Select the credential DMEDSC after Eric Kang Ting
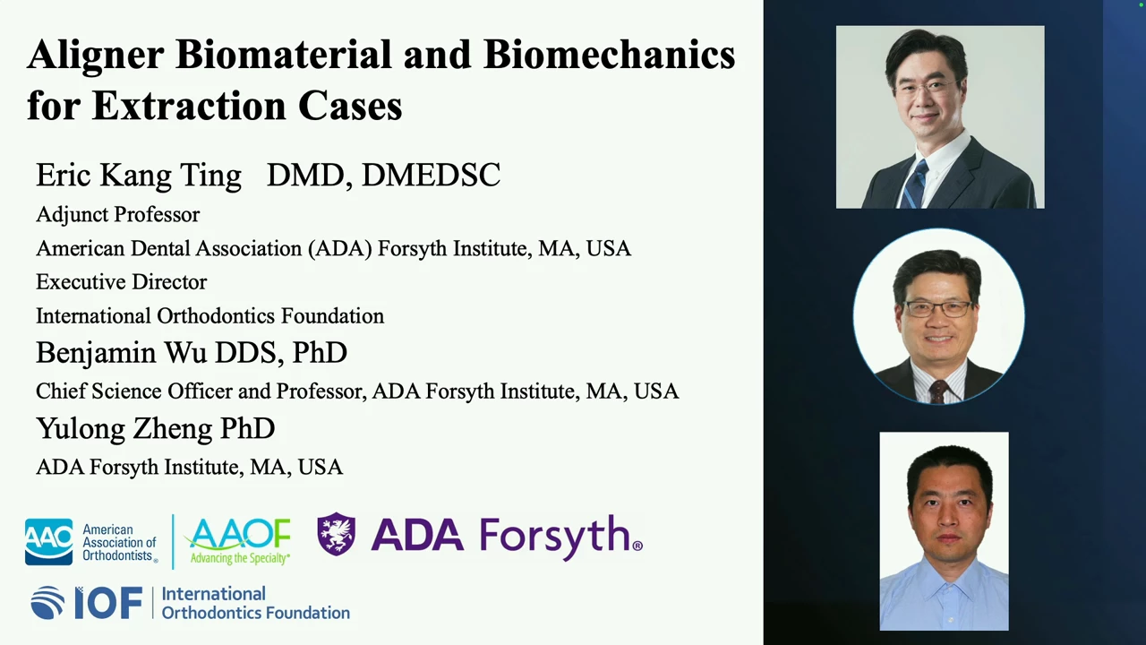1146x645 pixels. tap(431, 175)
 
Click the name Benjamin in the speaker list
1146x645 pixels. tap(96, 353)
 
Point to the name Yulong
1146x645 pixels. tap(81, 429)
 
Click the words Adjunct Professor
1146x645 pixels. tap(117, 215)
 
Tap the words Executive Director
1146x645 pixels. tap(121, 282)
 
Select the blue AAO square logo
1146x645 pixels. tap(48, 542)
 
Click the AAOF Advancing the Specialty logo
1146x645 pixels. tap(238, 541)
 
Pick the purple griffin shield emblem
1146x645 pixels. tap(336, 534)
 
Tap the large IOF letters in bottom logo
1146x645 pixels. tap(108, 603)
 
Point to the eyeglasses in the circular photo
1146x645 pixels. tap(938, 309)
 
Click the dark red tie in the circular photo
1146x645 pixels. tap(938, 391)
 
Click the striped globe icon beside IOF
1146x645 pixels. tap(47, 603)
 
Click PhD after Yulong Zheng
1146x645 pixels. tap(248, 429)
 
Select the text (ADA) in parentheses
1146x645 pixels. tap(339, 249)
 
